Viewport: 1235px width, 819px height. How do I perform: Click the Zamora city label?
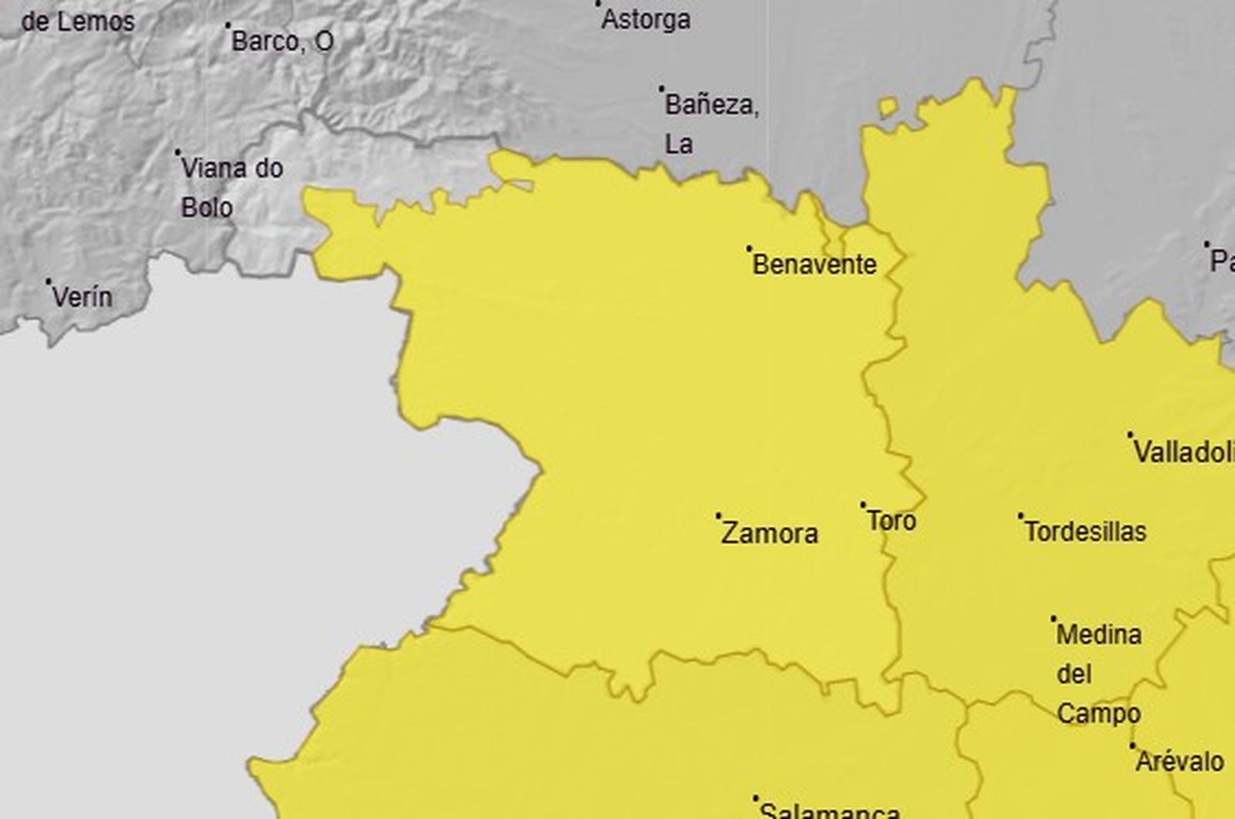click(770, 533)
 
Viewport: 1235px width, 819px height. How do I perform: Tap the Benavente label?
click(814, 265)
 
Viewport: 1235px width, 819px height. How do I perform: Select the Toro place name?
click(892, 521)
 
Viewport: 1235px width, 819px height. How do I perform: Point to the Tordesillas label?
click(1085, 532)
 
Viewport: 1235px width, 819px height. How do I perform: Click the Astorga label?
click(645, 20)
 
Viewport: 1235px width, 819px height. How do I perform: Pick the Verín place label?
click(82, 297)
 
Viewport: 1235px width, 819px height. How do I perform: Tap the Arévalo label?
click(1179, 762)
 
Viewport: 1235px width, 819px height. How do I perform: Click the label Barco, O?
click(283, 42)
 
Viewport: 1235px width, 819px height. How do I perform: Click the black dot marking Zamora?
click(719, 515)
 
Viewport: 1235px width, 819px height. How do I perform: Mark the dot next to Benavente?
click(749, 249)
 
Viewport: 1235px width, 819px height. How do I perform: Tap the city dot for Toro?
click(863, 506)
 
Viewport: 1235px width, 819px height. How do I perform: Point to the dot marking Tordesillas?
click(1020, 515)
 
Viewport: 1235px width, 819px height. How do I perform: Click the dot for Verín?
click(48, 282)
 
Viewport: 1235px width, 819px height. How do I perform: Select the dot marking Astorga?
click(597, 4)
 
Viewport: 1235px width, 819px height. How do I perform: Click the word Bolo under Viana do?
click(207, 208)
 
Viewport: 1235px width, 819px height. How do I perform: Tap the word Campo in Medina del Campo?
click(1098, 714)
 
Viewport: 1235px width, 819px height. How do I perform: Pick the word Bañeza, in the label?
click(712, 105)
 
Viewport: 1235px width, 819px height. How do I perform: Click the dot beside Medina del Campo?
click(1054, 618)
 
